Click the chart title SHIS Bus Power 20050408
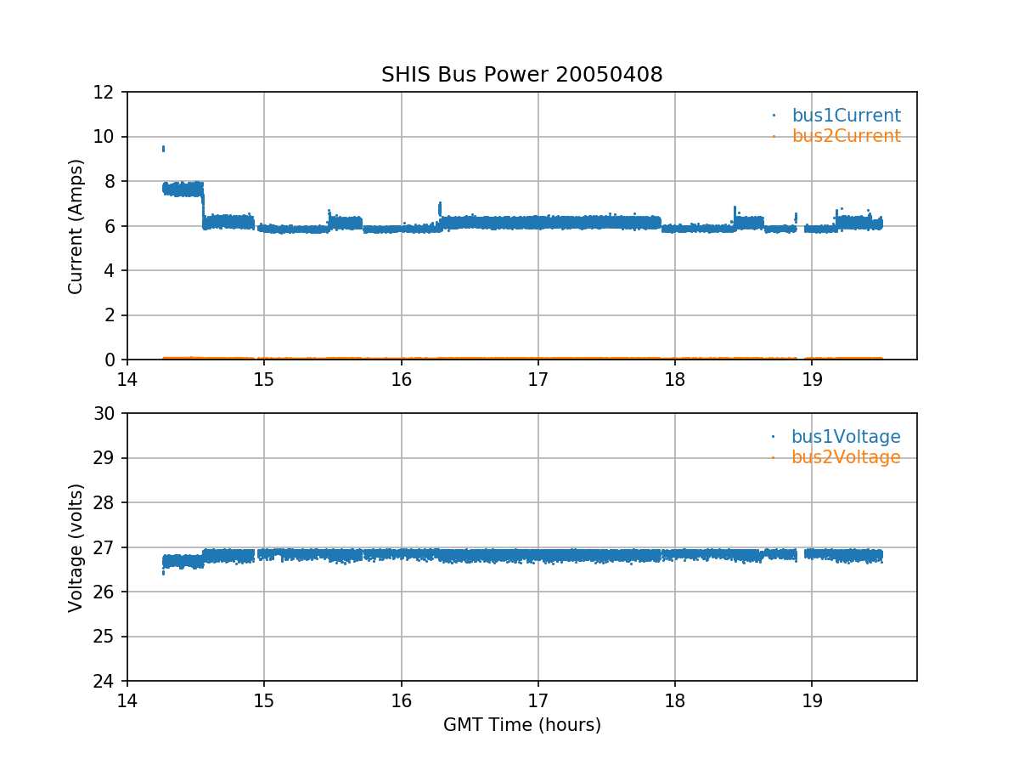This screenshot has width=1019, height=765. tap(521, 75)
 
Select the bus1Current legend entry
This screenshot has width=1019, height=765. tap(846, 116)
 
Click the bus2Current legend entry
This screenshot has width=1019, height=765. tap(846, 136)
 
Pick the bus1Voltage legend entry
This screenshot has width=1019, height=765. tap(845, 437)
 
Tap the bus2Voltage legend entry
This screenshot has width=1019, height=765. tap(845, 457)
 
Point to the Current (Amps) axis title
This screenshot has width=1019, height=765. tap(76, 226)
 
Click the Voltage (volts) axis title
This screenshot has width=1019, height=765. tap(76, 547)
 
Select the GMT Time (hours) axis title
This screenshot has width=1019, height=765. tap(521, 725)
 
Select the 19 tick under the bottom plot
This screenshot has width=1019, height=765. tap(812, 700)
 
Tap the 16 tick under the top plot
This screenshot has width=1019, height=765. tap(401, 378)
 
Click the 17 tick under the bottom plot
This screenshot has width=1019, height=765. tap(538, 700)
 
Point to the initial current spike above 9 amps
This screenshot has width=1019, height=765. tap(163, 149)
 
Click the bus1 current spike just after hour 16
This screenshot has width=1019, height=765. tap(440, 207)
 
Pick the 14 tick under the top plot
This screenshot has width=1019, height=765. tap(127, 378)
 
